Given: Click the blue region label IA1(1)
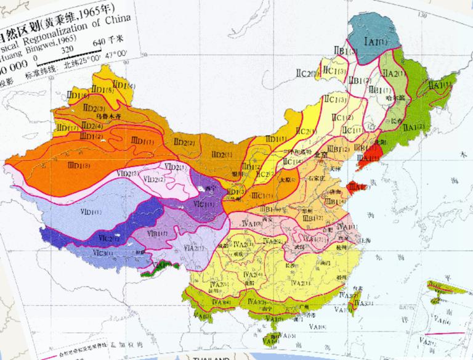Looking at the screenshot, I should tap(375, 41).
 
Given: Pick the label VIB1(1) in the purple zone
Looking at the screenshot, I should tap(158, 234).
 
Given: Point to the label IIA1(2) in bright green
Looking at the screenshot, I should tap(413, 127).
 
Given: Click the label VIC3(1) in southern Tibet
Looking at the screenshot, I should tap(104, 253).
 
